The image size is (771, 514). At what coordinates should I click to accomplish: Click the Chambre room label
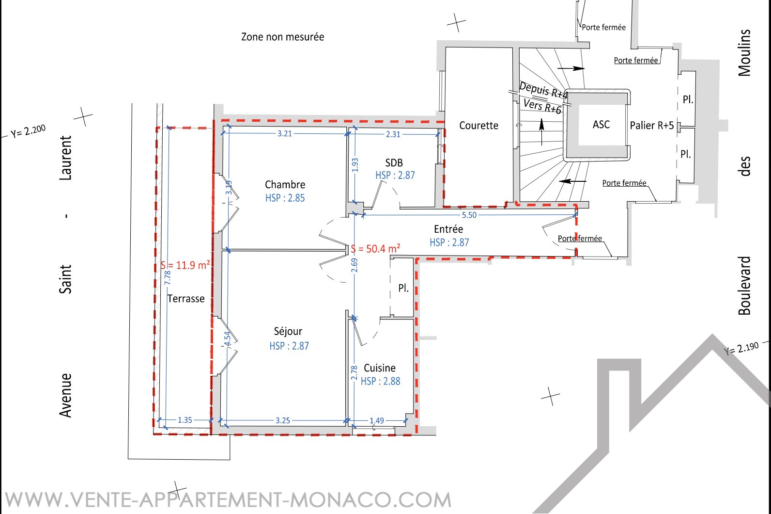click(x=285, y=185)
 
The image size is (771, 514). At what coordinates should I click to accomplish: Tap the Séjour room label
click(x=288, y=331)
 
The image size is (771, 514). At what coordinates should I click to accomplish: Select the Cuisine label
click(x=380, y=368)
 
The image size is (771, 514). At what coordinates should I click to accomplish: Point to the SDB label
click(x=394, y=163)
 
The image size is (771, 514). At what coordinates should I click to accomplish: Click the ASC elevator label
click(x=601, y=125)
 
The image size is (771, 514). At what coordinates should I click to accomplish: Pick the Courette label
click(x=479, y=126)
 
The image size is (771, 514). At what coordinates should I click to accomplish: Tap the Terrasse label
click(x=186, y=299)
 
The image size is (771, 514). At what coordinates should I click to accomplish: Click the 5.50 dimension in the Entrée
click(x=469, y=215)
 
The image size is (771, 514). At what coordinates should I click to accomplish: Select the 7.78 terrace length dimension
click(x=168, y=278)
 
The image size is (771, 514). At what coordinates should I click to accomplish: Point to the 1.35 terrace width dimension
click(x=185, y=420)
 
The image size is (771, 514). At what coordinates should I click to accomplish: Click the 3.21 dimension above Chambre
click(x=285, y=134)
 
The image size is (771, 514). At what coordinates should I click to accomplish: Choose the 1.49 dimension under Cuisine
click(x=377, y=420)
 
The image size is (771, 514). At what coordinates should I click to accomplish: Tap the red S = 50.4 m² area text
click(x=375, y=249)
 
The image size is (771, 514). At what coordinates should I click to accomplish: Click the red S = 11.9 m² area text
click(x=185, y=265)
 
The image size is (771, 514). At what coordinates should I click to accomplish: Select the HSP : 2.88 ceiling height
click(x=381, y=381)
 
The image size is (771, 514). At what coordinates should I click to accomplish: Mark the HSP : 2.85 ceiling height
click(x=285, y=198)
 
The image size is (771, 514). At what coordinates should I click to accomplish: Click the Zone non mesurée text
click(x=282, y=37)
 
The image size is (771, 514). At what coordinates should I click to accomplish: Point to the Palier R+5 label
click(x=652, y=125)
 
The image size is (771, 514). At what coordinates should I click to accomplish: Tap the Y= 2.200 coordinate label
click(x=28, y=131)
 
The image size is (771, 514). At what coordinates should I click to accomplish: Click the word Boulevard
click(x=744, y=286)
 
